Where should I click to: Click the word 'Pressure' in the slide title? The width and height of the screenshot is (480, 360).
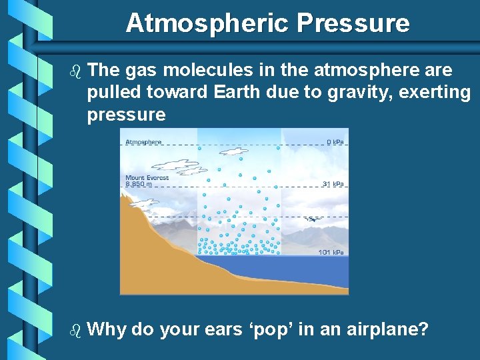click(x=353, y=23)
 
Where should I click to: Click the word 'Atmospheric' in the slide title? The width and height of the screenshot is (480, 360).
click(x=208, y=23)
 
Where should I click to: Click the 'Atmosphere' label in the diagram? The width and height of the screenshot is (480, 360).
click(x=143, y=142)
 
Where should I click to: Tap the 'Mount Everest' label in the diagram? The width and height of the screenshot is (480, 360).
click(x=147, y=177)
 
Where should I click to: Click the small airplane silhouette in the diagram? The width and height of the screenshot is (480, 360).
click(x=311, y=219)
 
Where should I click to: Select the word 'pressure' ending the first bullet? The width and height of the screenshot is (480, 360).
click(x=126, y=115)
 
